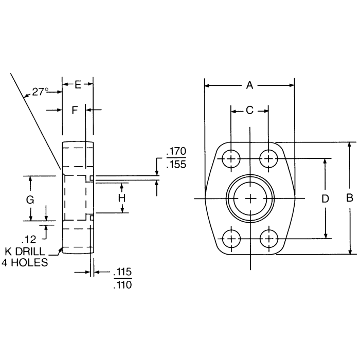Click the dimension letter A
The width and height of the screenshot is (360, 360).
(x=249, y=85)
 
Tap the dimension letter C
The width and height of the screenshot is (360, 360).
(x=249, y=110)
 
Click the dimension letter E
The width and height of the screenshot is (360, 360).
(x=78, y=85)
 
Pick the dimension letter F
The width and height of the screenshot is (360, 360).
(x=75, y=110)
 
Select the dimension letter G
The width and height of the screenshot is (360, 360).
(x=30, y=199)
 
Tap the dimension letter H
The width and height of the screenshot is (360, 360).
(x=122, y=198)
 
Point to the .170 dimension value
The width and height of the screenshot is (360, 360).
(x=176, y=152)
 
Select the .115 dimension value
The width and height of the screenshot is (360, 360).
(x=121, y=272)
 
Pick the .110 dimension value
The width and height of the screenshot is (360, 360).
(x=121, y=284)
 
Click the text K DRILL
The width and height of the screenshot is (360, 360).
(x=24, y=252)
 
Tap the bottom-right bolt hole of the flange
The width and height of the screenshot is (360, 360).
(x=268, y=238)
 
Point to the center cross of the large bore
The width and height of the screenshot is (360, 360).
(x=250, y=198)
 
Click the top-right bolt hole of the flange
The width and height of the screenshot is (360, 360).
(x=268, y=158)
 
